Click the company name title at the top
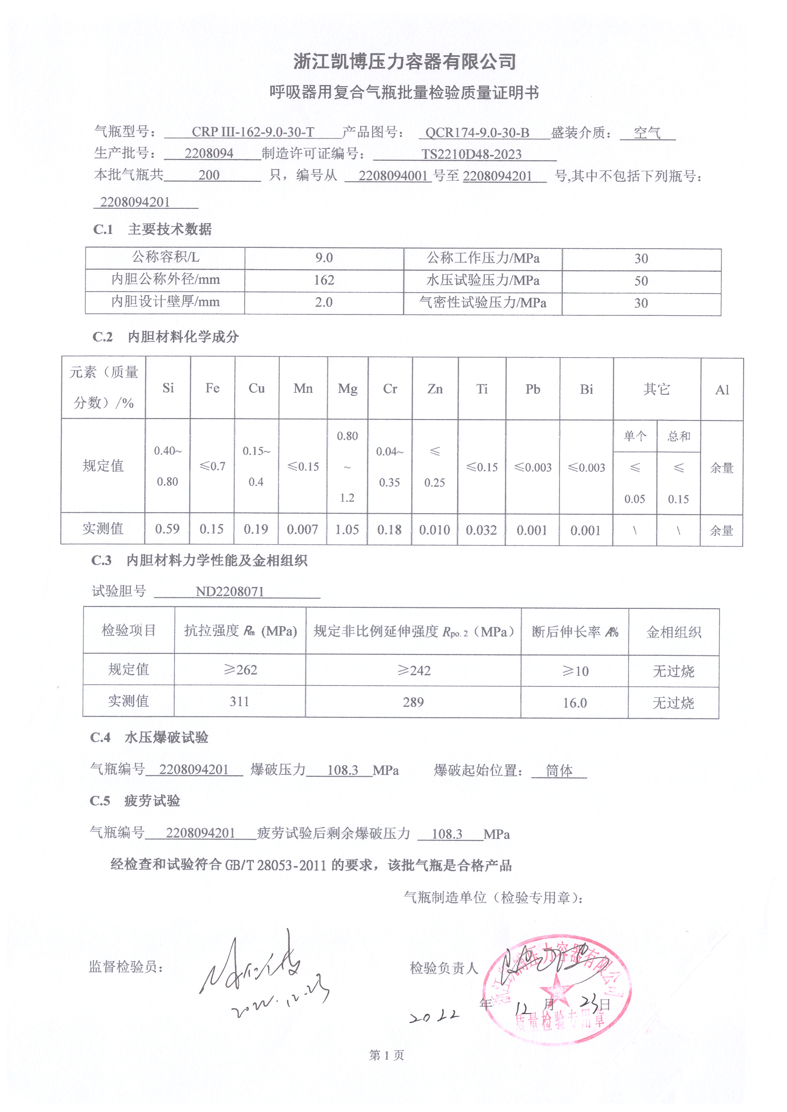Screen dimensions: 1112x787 [x=404, y=61]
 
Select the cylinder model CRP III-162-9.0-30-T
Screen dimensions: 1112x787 [x=253, y=132]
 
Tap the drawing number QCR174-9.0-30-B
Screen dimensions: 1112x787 [x=477, y=133]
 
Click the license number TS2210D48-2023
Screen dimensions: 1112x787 [x=471, y=154]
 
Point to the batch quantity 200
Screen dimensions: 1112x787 [x=209, y=175]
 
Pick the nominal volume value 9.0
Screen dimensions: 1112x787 [x=324, y=258]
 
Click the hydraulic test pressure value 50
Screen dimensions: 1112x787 [x=640, y=281]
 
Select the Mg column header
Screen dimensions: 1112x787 [x=347, y=389]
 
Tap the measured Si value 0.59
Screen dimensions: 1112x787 [x=167, y=528]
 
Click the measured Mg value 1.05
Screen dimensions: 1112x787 [x=347, y=529]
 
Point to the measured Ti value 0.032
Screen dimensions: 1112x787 [x=481, y=530]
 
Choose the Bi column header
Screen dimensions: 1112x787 [x=586, y=390]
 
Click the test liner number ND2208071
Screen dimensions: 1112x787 [x=230, y=591]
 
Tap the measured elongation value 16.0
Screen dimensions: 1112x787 [x=575, y=703]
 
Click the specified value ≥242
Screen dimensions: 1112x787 [x=413, y=670]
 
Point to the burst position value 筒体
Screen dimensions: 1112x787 [x=559, y=770]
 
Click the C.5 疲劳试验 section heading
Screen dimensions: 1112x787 [x=135, y=800]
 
